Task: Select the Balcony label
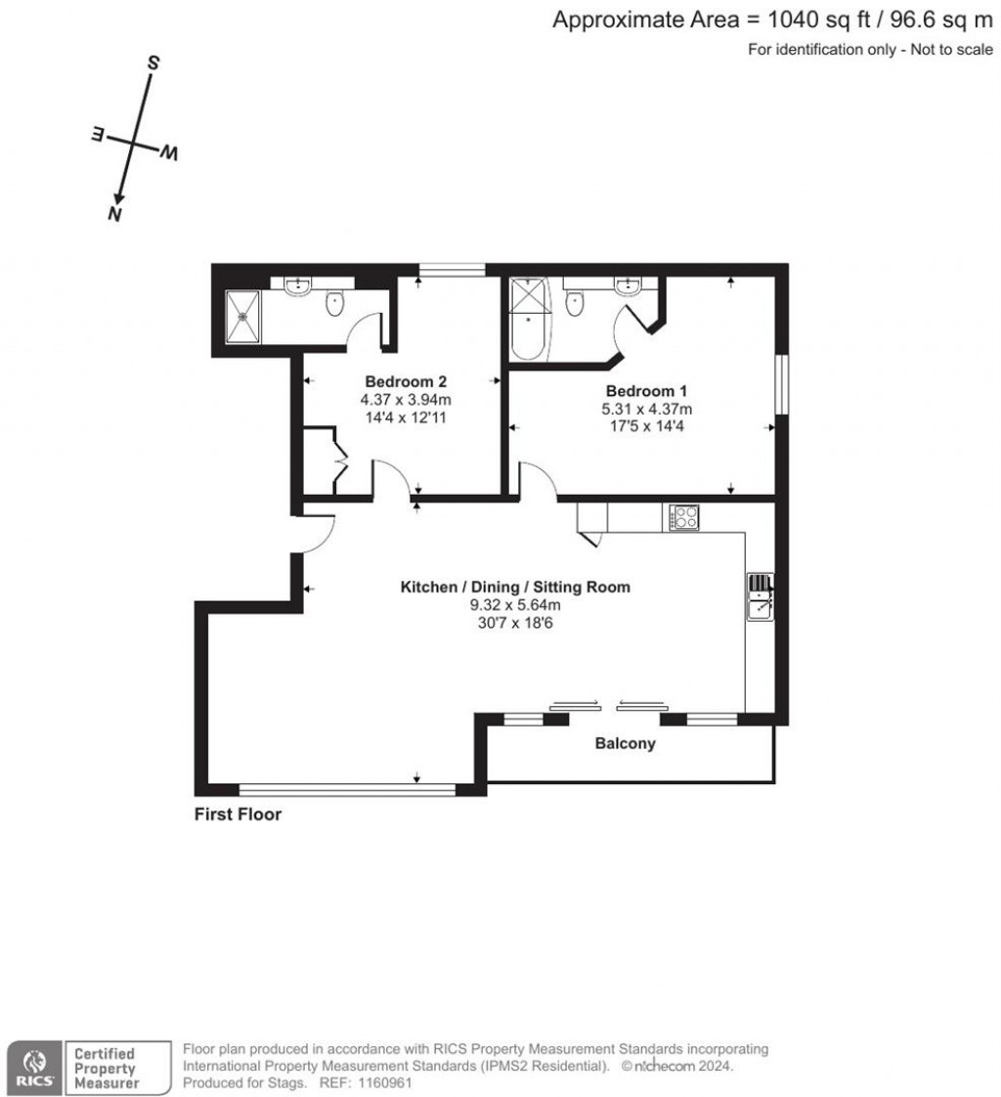click(x=626, y=744)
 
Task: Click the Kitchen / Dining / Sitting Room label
click(x=515, y=587)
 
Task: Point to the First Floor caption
click(x=238, y=814)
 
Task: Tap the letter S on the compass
click(x=152, y=64)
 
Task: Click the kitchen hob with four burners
click(x=683, y=516)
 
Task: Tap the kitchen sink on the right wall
click(x=760, y=597)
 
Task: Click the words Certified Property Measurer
click(x=106, y=1069)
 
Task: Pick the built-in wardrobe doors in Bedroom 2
click(x=338, y=460)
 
